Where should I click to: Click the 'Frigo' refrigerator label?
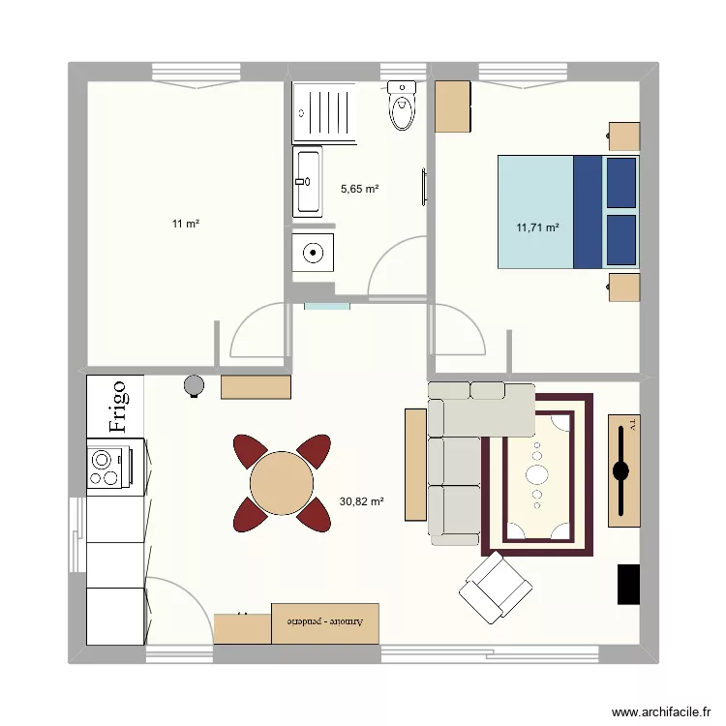(x=116, y=406)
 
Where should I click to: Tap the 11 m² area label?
(x=186, y=225)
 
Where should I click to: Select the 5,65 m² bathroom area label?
(x=359, y=189)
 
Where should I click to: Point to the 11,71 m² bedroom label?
(x=538, y=228)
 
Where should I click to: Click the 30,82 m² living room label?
(x=362, y=501)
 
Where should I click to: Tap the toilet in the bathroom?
(x=401, y=106)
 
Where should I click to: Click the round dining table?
(x=282, y=483)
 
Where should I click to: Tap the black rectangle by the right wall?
(x=629, y=584)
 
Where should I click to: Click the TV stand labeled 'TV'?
(x=623, y=470)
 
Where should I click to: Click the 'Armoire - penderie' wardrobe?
(x=325, y=622)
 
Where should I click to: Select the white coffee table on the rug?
(x=536, y=474)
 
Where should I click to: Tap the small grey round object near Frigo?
(x=195, y=385)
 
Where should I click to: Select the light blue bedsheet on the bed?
(x=535, y=211)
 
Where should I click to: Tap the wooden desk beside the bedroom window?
(x=453, y=106)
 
